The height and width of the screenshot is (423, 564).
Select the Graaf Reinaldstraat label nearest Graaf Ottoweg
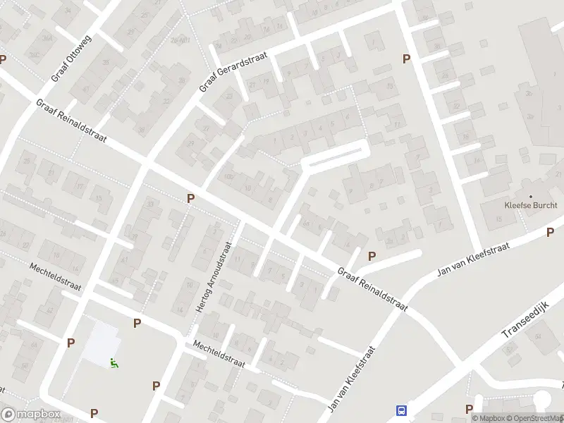pos(72,121)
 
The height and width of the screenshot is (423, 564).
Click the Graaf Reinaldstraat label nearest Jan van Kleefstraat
pos(372,289)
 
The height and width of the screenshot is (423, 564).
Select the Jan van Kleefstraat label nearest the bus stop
pos(352,378)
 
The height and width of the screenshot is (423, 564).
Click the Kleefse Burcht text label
pos(531,205)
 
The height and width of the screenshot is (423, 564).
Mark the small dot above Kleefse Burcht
pos(531,196)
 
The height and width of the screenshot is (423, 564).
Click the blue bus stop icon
pos(402,410)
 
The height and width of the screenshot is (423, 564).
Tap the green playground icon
pos(114,364)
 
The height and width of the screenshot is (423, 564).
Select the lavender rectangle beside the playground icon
pos(102,344)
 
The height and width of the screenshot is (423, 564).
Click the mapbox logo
pos(31,415)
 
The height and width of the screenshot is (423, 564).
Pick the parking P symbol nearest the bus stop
pos(469,409)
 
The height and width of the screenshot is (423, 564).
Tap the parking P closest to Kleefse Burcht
pos(550,233)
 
